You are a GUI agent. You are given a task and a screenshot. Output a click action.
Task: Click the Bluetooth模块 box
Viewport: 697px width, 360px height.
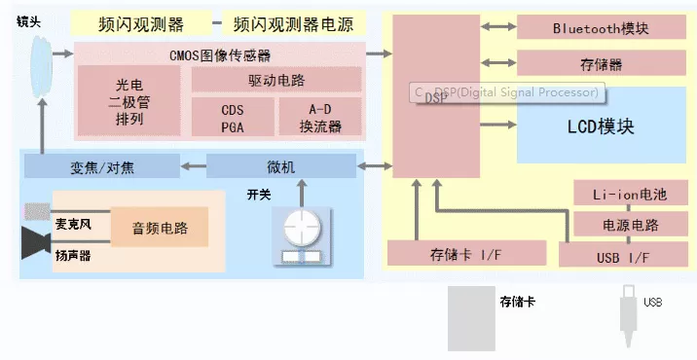pos(601,26)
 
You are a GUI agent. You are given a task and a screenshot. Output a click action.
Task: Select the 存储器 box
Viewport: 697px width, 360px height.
pos(601,63)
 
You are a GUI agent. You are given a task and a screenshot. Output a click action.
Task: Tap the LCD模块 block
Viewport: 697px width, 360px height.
pos(601,126)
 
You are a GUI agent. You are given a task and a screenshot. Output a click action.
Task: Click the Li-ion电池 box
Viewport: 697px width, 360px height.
pos(631,193)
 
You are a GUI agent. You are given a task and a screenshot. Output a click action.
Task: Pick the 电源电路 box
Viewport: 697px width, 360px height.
pos(631,224)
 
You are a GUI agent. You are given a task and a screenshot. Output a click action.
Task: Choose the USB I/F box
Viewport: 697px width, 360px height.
pos(623,255)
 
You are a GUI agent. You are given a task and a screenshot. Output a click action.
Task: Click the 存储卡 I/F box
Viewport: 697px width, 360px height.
pos(466,253)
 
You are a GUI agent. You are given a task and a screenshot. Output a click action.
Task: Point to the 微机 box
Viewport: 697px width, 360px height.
pos(281,165)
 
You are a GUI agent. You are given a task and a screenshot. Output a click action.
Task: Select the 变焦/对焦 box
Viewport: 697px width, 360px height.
pos(102,165)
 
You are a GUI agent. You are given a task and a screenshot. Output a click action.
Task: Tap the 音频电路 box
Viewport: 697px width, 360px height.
pos(160,227)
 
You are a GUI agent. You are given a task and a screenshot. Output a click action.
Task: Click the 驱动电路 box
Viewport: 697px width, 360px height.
pos(276,80)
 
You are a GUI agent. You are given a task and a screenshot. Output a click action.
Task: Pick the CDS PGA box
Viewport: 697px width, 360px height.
pos(233,117)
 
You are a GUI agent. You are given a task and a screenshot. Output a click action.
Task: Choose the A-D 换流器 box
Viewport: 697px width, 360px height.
pos(320,117)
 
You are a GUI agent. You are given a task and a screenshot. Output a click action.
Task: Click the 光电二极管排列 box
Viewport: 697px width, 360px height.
pos(128,101)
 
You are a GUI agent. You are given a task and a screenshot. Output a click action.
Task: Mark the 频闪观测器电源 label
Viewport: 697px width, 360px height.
pos(294,23)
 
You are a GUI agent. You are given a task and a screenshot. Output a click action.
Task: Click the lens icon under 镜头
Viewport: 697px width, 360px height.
pos(41,67)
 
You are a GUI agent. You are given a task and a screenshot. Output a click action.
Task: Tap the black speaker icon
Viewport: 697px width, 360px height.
pos(36,242)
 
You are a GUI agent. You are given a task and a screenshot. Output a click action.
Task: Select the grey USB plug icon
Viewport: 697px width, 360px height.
pos(629,316)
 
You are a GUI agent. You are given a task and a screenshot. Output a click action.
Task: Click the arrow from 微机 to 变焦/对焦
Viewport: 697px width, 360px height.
pos(194,166)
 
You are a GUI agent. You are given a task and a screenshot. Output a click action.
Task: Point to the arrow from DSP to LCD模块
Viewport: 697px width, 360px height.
pos(498,125)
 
